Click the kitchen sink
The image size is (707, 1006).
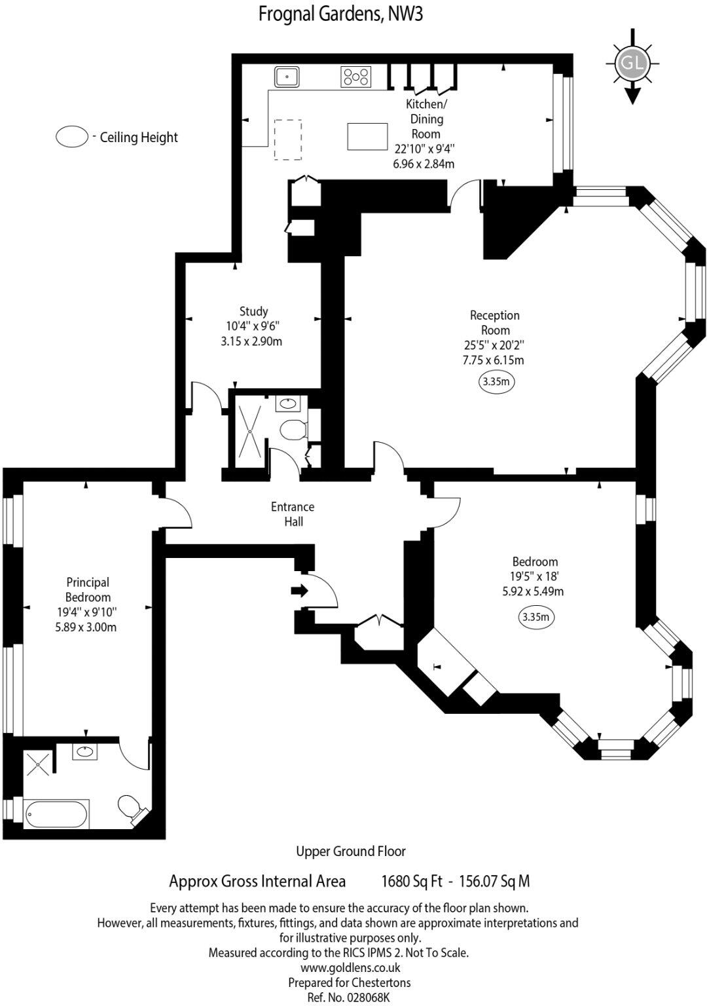click(287, 77)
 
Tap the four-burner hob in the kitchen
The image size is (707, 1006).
click(356, 77)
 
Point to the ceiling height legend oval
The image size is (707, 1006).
click(72, 137)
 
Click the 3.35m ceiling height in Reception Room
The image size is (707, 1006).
click(496, 381)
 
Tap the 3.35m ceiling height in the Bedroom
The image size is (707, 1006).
click(536, 616)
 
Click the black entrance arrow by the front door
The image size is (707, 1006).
click(299, 591)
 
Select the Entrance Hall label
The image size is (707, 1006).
click(293, 514)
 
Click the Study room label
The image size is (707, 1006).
click(253, 311)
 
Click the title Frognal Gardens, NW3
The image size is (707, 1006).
click(340, 14)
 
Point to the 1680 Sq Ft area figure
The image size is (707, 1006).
click(412, 882)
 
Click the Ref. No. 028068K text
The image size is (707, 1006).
click(348, 997)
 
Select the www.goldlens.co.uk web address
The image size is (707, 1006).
click(350, 967)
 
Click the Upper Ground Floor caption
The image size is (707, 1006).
click(351, 851)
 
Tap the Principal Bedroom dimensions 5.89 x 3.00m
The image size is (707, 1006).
click(87, 627)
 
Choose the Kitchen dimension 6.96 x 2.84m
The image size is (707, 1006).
click(424, 164)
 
